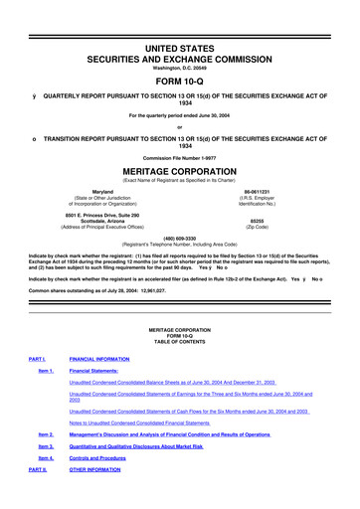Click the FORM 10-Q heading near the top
tap(179, 53)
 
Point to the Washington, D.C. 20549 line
tap(179, 40)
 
